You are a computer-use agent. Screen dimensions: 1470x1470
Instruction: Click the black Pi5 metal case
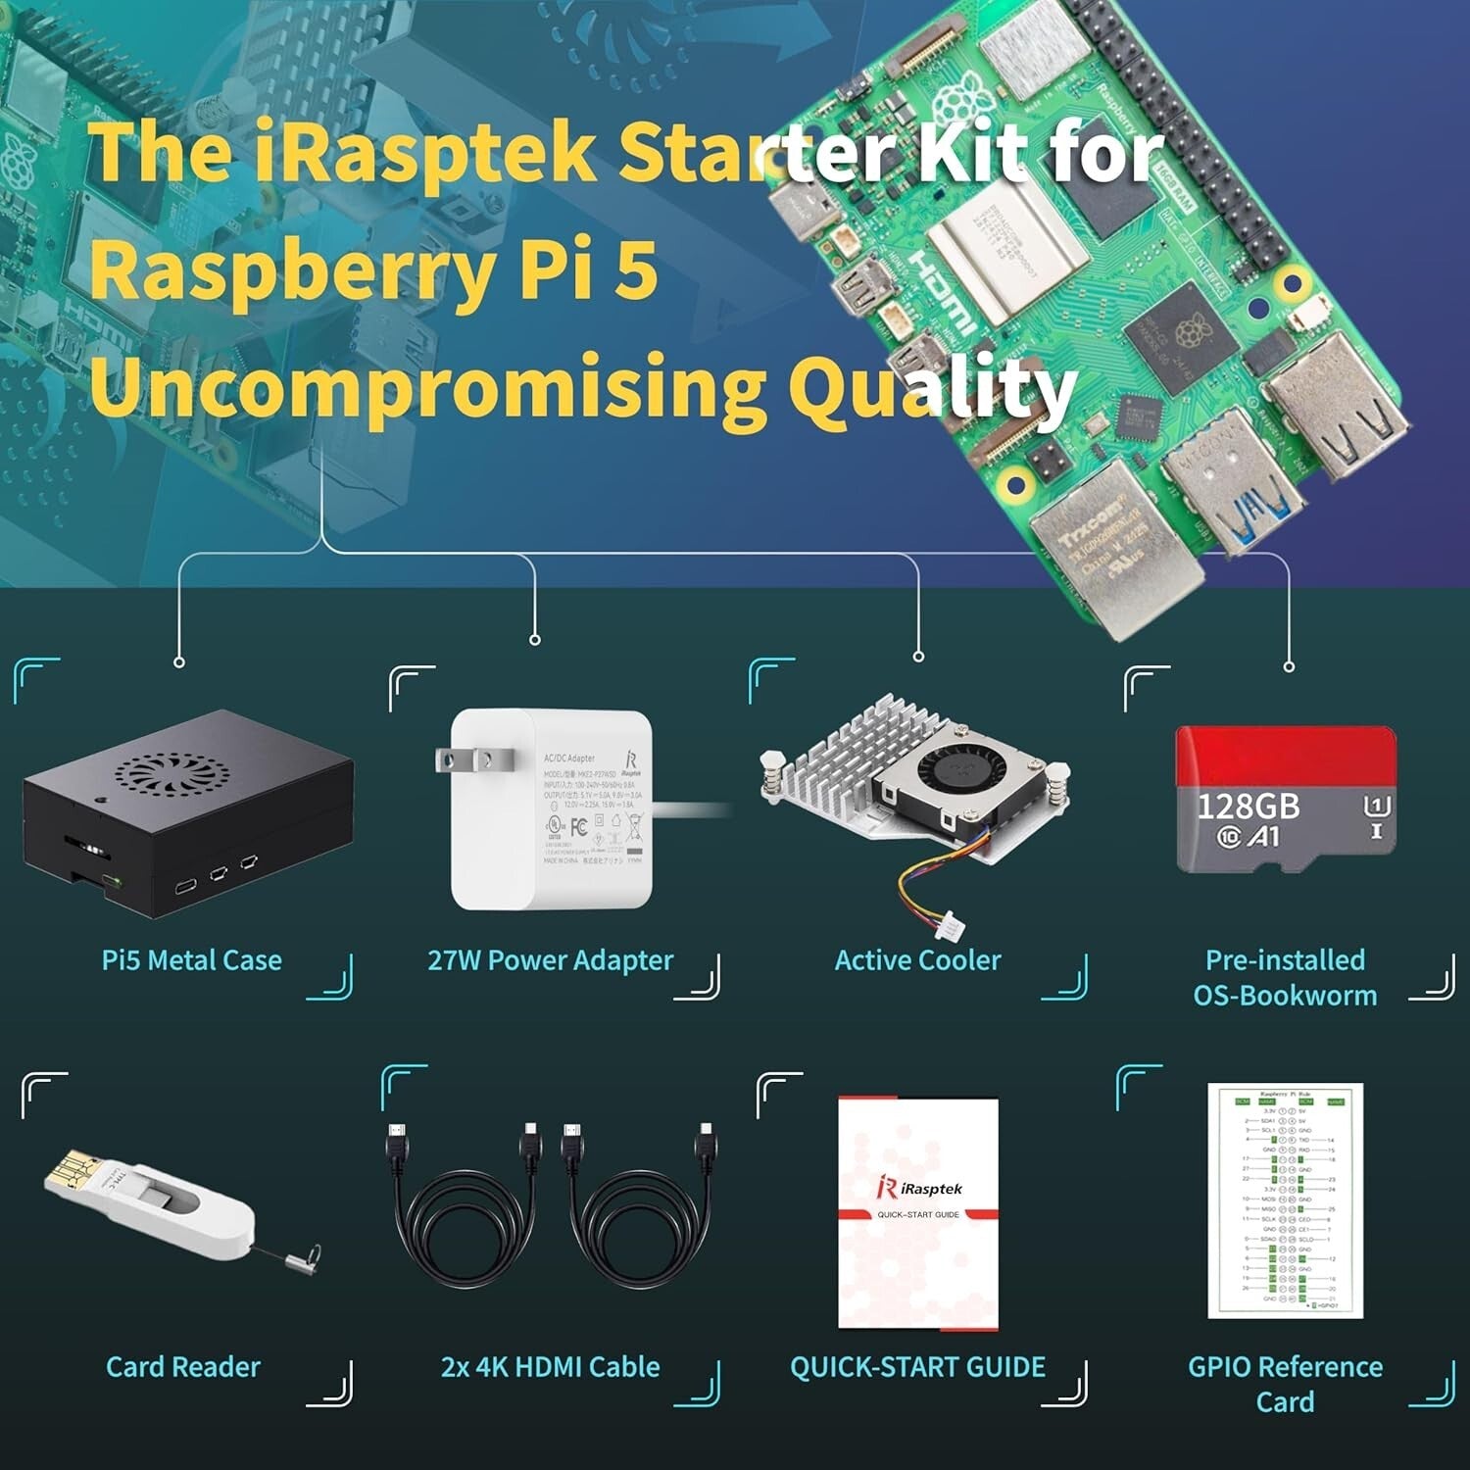pos(186,813)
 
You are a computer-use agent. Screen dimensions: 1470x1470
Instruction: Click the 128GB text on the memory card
pos(1248,807)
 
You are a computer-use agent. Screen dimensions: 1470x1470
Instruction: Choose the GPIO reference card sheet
pos(1285,1200)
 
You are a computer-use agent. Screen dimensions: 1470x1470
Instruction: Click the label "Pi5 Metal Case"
pos(192,960)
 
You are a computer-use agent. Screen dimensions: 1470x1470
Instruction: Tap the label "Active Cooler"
pos(917,960)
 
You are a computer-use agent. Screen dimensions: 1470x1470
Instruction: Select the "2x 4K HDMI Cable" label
pos(550,1367)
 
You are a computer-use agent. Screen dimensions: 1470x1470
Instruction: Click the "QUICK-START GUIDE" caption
pos(917,1367)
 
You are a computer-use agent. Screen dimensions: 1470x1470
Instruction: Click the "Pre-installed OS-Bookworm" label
pos(1285,978)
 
